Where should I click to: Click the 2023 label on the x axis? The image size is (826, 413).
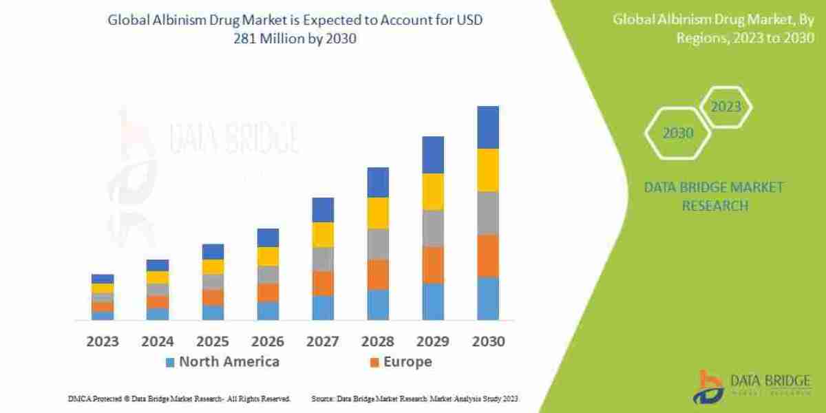point(103,341)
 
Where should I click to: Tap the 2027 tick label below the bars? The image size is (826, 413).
point(322,341)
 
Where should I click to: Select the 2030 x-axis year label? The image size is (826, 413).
point(487,341)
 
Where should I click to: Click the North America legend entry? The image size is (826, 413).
point(222,362)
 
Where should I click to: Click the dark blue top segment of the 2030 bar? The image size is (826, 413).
point(487,127)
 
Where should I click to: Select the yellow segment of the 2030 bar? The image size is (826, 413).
point(487,170)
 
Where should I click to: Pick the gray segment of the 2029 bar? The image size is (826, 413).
point(433,229)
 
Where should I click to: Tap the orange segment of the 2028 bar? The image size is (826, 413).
point(378,274)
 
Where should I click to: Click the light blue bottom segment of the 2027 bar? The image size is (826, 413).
point(323,308)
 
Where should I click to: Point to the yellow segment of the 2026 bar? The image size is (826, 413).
point(268,256)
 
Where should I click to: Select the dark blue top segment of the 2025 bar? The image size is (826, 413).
point(213,251)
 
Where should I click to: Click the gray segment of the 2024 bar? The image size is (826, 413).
point(158,290)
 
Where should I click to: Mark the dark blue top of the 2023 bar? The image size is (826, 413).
point(103,279)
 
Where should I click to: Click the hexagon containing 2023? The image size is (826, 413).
point(726,107)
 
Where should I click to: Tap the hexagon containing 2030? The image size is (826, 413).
point(678,133)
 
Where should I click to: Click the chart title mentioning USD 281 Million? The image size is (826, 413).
point(295,29)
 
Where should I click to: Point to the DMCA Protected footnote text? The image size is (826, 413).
point(179,399)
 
